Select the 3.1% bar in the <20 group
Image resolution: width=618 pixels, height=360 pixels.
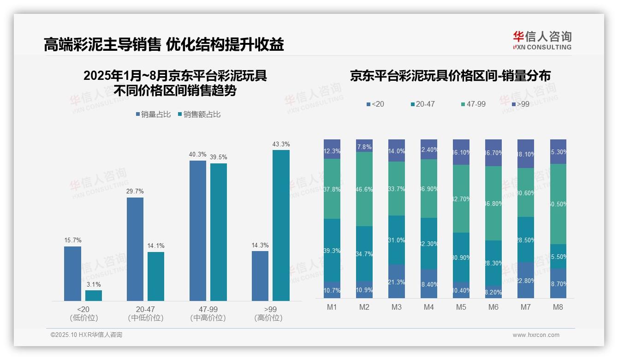pyautogui.click(x=94, y=295)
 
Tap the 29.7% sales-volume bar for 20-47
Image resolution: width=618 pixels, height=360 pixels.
pyautogui.click(x=135, y=249)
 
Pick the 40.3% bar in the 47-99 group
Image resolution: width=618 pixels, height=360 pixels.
pyautogui.click(x=198, y=231)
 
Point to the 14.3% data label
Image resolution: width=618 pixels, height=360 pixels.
pyautogui.click(x=260, y=246)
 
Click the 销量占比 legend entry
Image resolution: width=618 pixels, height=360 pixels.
pyautogui.click(x=154, y=114)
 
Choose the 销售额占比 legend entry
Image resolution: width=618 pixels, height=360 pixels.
pyautogui.click(x=199, y=114)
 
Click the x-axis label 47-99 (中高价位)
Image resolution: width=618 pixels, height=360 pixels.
pyautogui.click(x=208, y=313)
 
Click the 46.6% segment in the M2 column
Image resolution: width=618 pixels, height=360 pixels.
pyautogui.click(x=364, y=189)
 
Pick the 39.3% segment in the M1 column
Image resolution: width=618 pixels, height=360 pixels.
pyautogui.click(x=332, y=250)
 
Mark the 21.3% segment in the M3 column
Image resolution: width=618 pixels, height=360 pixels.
pyautogui.click(x=397, y=282)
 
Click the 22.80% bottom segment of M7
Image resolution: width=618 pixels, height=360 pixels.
pyautogui.click(x=526, y=280)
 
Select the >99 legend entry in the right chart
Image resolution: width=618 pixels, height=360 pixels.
pyautogui.click(x=520, y=104)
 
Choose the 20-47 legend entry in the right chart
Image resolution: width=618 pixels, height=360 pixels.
pyautogui.click(x=422, y=104)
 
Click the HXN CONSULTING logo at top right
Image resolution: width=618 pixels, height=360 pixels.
pyautogui.click(x=542, y=41)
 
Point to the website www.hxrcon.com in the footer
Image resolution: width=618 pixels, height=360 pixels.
pyautogui.click(x=536, y=335)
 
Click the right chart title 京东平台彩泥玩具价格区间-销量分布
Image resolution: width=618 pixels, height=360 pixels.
pyautogui.click(x=450, y=76)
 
